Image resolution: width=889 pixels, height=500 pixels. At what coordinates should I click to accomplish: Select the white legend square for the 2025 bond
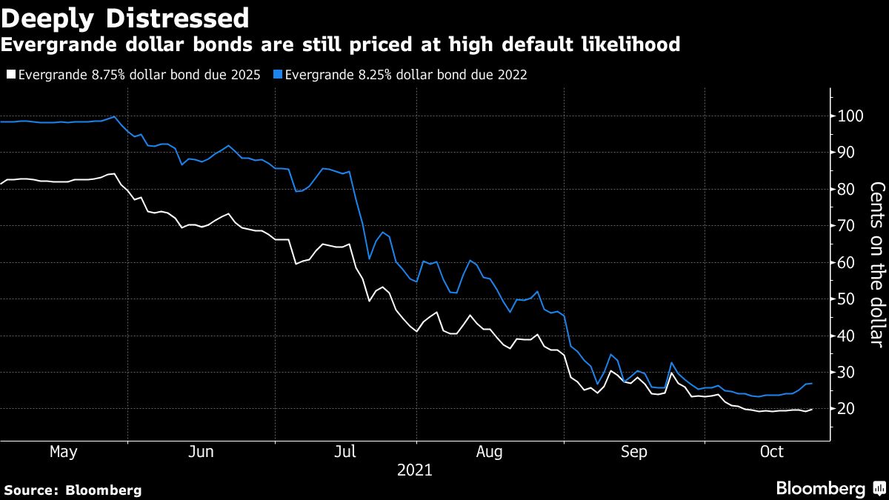tap(11, 75)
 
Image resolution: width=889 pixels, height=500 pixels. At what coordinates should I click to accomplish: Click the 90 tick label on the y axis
tap(845, 153)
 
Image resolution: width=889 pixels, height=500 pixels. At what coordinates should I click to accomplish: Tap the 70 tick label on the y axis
tap(845, 226)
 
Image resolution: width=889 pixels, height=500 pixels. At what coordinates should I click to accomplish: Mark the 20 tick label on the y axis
tap(845, 409)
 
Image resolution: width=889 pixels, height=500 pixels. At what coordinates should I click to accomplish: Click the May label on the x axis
tap(63, 452)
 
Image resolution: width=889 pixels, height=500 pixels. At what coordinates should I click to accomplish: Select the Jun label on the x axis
tap(202, 452)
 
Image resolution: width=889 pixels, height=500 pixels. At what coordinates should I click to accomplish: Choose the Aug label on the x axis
tap(490, 452)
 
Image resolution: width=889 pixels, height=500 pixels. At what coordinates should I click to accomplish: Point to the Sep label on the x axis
tap(634, 452)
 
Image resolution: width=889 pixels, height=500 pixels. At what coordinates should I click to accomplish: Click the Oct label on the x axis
tap(772, 452)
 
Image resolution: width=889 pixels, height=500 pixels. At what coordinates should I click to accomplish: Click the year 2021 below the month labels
tap(415, 470)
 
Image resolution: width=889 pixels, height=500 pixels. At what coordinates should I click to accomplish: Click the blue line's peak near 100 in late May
tap(113, 116)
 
